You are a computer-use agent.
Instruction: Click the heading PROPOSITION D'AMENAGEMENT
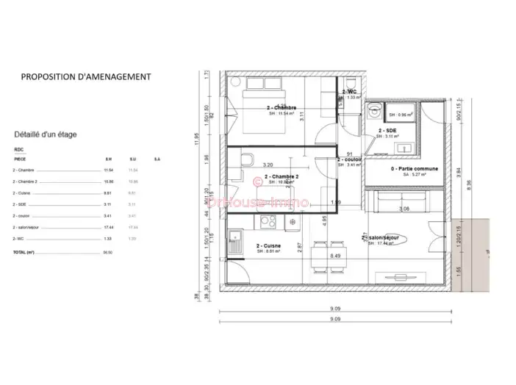[86, 76]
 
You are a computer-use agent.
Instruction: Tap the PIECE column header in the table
[19, 159]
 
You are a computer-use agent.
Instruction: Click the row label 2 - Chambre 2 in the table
[26, 181]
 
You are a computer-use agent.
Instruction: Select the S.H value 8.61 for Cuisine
[108, 192]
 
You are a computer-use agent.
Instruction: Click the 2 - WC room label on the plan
[349, 91]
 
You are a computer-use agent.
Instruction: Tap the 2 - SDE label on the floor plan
[387, 130]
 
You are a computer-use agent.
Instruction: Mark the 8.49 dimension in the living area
[334, 256]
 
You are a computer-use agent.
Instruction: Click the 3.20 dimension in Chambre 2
[268, 165]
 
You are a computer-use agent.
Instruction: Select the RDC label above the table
[18, 149]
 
